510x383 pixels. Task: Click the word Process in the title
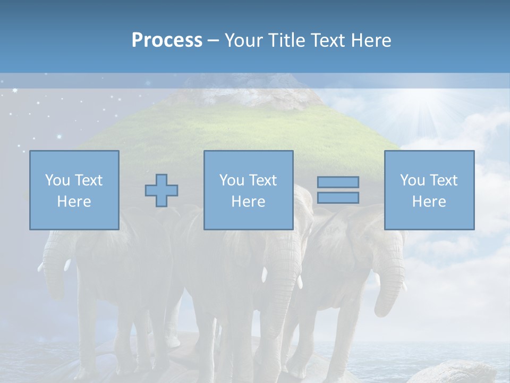point(167,40)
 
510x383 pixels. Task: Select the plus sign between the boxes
point(161,190)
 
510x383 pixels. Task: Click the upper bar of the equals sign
point(338,182)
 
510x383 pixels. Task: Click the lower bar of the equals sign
point(338,198)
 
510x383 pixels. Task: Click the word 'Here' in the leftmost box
point(74,202)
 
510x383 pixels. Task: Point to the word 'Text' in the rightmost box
point(443,180)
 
